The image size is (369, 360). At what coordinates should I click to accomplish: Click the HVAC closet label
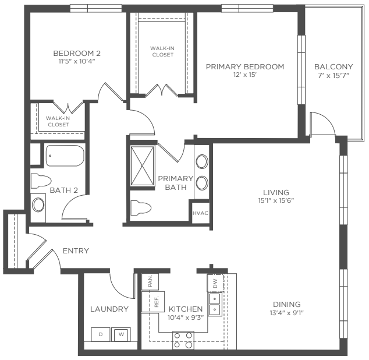point(200,213)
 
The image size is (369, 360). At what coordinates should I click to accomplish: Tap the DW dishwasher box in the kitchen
point(215,283)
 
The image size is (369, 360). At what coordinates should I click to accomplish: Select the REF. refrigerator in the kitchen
point(152,302)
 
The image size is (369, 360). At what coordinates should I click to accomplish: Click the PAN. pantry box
point(150,281)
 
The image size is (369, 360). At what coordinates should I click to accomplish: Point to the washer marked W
point(121,334)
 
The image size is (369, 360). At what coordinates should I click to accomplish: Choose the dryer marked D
point(101,334)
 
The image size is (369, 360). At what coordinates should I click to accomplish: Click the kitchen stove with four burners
point(183,340)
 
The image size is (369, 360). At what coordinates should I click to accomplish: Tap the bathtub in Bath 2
point(65,156)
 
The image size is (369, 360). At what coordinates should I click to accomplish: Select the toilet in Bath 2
point(41,181)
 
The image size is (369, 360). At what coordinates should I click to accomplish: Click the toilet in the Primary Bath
point(141,208)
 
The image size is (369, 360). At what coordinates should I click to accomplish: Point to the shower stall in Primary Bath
point(142,166)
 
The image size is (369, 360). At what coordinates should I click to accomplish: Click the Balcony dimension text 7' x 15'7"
point(333,76)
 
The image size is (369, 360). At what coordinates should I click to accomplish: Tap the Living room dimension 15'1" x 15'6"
point(276,200)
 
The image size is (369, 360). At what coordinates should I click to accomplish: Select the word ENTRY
point(76,250)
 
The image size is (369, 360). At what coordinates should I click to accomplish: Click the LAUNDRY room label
point(109,309)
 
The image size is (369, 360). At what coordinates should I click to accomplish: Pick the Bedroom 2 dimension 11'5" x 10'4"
point(77,61)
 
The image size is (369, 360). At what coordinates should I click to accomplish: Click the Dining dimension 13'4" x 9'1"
point(286,313)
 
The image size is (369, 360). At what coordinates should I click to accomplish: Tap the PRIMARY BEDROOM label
point(245,66)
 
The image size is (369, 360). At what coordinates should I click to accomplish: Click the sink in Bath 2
point(38,204)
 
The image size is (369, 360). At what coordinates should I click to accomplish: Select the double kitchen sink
point(215,304)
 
